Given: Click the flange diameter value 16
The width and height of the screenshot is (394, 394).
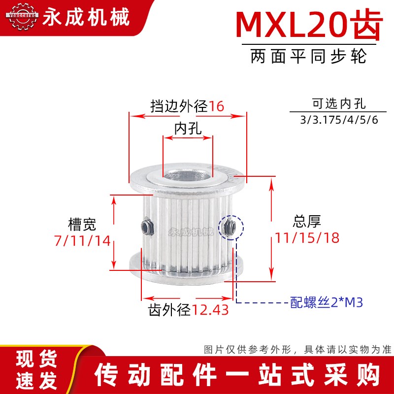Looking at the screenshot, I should click(216, 106).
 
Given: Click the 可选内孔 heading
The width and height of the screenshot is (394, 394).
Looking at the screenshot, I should click(339, 104).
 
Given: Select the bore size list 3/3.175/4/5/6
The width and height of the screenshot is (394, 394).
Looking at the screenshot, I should click(339, 120).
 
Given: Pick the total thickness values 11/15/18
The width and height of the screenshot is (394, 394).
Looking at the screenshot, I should click(305, 238).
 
